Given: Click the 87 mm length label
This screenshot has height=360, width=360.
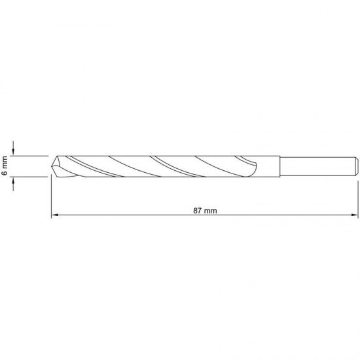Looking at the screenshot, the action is (x=205, y=211).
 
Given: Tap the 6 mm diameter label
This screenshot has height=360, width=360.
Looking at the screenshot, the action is (x=5, y=166).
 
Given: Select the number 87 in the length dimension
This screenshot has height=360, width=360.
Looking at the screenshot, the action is (x=197, y=211).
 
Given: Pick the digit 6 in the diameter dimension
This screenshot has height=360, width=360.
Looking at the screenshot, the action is (x=5, y=173).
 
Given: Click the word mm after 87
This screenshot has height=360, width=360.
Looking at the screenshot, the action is (x=211, y=211).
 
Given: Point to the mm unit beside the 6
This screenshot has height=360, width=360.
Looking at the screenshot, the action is (x=5, y=162).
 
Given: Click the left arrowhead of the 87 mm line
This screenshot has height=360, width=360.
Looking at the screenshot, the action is (x=54, y=215).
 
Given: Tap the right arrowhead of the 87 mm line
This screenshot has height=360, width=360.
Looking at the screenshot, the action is (x=355, y=215).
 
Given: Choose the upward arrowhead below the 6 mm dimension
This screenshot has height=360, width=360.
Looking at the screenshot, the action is (x=13, y=181).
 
